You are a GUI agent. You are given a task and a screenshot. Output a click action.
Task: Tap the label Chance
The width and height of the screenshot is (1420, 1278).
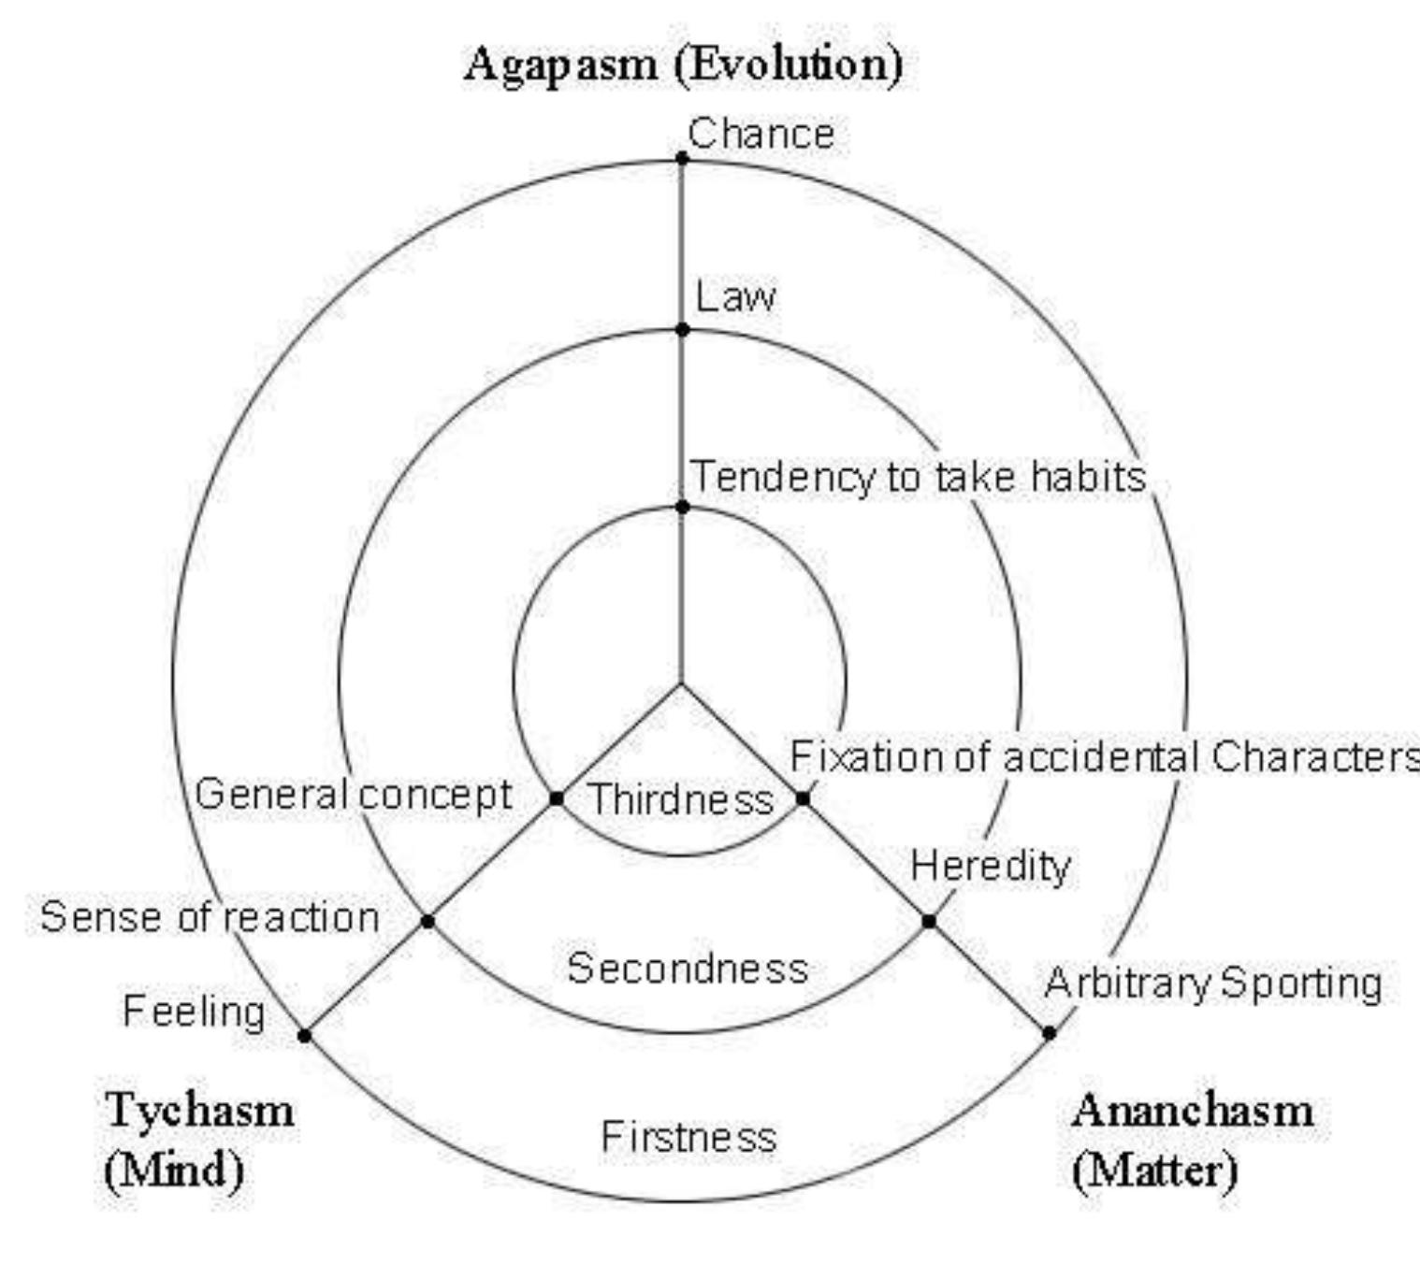(761, 134)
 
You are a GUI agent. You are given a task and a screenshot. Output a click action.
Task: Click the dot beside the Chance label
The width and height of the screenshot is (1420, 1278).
(682, 158)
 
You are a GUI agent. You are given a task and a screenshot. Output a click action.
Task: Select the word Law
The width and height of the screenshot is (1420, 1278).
(735, 297)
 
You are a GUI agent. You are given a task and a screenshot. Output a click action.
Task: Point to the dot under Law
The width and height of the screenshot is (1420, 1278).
(682, 329)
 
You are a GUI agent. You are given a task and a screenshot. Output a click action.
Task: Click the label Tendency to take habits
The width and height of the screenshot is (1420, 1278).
(918, 477)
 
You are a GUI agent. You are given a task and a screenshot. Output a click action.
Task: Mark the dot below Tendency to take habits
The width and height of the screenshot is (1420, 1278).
(682, 507)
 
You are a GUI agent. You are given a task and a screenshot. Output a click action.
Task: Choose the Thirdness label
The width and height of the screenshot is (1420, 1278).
(681, 799)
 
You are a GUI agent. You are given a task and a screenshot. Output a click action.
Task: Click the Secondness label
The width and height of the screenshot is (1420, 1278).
(688, 968)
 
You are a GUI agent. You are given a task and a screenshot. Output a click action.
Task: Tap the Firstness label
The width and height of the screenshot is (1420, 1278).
(688, 1137)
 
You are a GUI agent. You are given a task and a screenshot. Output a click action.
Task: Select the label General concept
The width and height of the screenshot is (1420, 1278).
(354, 795)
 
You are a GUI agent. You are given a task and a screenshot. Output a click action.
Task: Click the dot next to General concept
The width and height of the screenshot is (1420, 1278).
(557, 798)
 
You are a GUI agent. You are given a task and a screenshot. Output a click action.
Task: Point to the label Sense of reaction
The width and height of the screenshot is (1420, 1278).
(210, 917)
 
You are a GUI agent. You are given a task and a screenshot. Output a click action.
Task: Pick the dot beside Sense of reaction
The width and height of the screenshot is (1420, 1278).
(427, 921)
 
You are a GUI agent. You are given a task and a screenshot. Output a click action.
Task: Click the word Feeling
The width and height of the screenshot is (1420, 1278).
(194, 1012)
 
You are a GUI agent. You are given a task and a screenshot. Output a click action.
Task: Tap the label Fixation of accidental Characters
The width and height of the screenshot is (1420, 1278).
(1104, 756)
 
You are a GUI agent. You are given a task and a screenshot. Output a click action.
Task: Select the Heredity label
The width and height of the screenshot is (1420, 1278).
(990, 866)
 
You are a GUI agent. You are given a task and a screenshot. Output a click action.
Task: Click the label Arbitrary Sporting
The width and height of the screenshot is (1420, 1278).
(1213, 984)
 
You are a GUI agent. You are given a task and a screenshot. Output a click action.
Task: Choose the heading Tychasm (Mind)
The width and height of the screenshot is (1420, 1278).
(198, 1140)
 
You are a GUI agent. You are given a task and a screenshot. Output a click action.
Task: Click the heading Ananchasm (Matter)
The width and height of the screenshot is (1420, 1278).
(1193, 1140)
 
